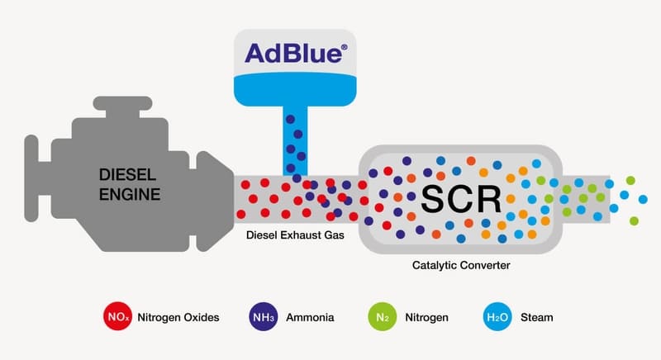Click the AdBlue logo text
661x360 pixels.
pos(292,53)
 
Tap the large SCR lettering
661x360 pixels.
pos(460,198)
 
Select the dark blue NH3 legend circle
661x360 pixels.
pos(262,316)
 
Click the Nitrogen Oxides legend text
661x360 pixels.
pos(179,317)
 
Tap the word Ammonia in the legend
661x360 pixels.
pos(306,317)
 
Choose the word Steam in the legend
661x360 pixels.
pos(537,317)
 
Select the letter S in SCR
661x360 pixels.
pos(433,198)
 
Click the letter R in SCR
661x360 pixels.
pos(488,198)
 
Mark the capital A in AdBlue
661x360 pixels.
pos(258,54)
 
